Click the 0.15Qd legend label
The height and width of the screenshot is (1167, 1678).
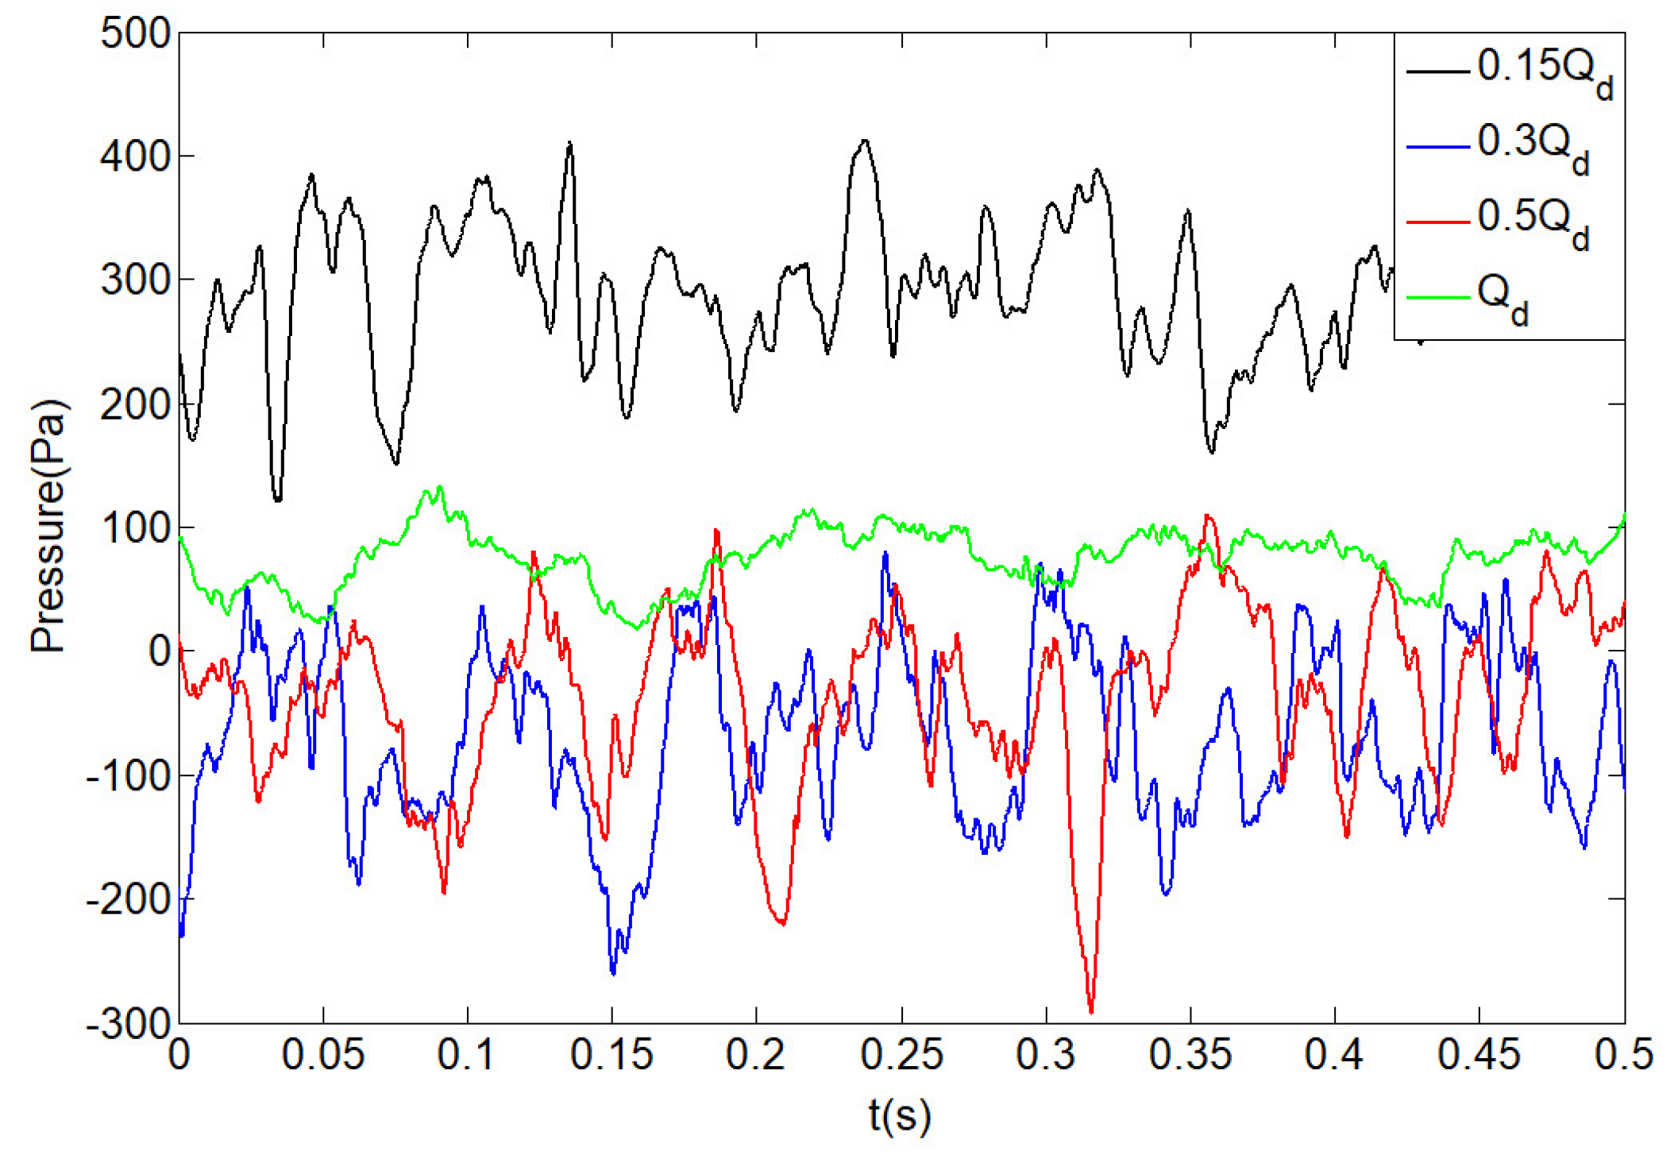click(x=1544, y=71)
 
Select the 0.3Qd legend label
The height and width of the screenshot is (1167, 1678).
click(x=1533, y=147)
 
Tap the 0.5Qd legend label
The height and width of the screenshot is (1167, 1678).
click(x=1533, y=222)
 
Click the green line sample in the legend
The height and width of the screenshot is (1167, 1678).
click(x=1437, y=298)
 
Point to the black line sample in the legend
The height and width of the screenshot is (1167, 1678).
click(x=1437, y=71)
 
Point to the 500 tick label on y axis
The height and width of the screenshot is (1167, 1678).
click(x=136, y=35)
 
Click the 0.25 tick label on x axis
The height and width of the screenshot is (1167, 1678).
click(x=901, y=1055)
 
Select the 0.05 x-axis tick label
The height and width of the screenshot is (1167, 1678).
click(x=323, y=1055)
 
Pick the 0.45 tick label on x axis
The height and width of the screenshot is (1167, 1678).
click(x=1479, y=1055)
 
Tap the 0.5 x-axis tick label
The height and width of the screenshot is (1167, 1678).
click(x=1623, y=1055)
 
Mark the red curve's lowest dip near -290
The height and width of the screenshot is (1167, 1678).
click(x=1091, y=1011)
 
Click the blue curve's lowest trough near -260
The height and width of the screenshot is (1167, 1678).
click(x=613, y=972)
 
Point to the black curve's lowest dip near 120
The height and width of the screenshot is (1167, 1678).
click(x=277, y=500)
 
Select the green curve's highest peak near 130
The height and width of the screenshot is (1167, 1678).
click(x=439, y=488)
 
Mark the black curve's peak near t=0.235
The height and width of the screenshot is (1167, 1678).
click(x=865, y=141)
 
